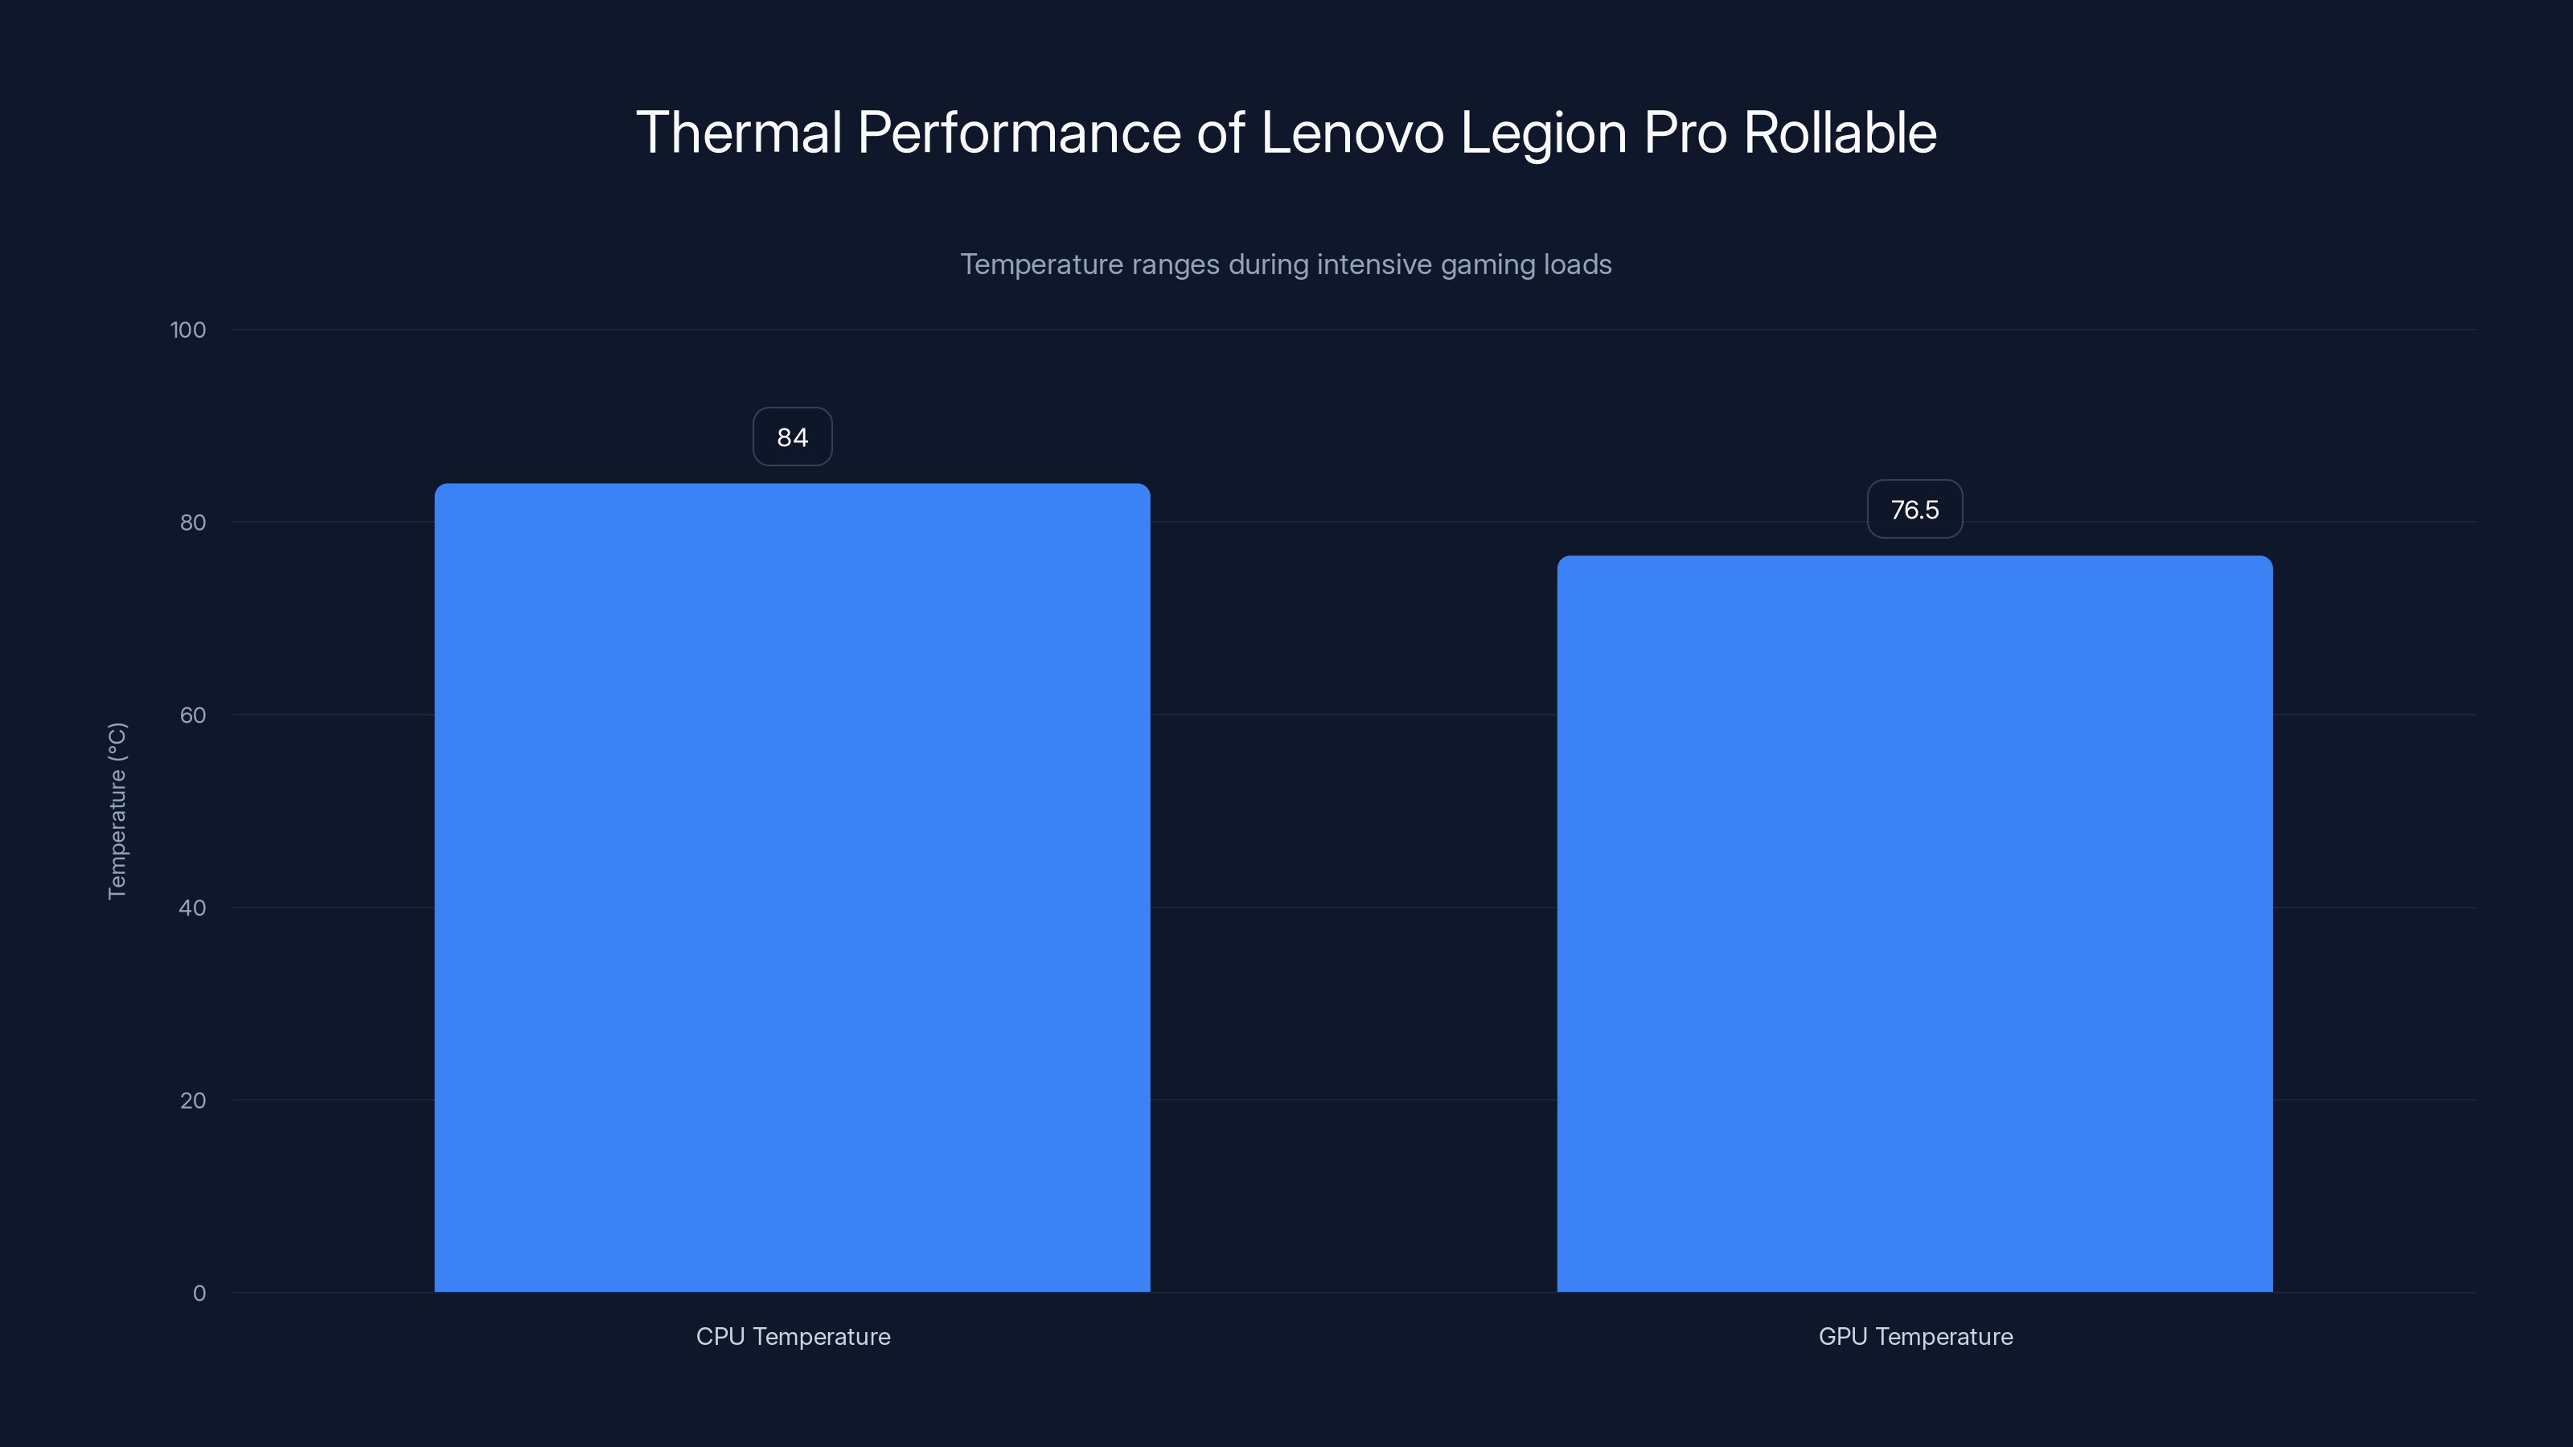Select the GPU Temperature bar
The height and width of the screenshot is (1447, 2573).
point(1914,924)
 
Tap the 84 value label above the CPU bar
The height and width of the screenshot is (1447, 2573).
point(792,437)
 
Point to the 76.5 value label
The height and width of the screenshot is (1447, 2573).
point(1914,510)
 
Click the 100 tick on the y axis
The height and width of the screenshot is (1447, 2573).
point(188,330)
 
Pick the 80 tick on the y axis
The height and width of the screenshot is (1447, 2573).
point(193,523)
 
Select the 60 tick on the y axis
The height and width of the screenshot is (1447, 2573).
point(193,715)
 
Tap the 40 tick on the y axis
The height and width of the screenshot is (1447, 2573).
point(193,908)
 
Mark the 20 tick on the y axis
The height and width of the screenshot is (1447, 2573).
point(193,1101)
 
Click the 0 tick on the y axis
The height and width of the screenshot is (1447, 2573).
point(199,1293)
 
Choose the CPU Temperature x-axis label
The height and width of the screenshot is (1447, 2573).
point(793,1336)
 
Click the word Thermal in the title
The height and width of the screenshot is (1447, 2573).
point(739,133)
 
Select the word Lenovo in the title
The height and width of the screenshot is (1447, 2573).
point(1352,133)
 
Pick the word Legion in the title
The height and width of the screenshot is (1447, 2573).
point(1543,133)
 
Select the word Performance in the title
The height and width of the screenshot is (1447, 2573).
point(1019,133)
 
